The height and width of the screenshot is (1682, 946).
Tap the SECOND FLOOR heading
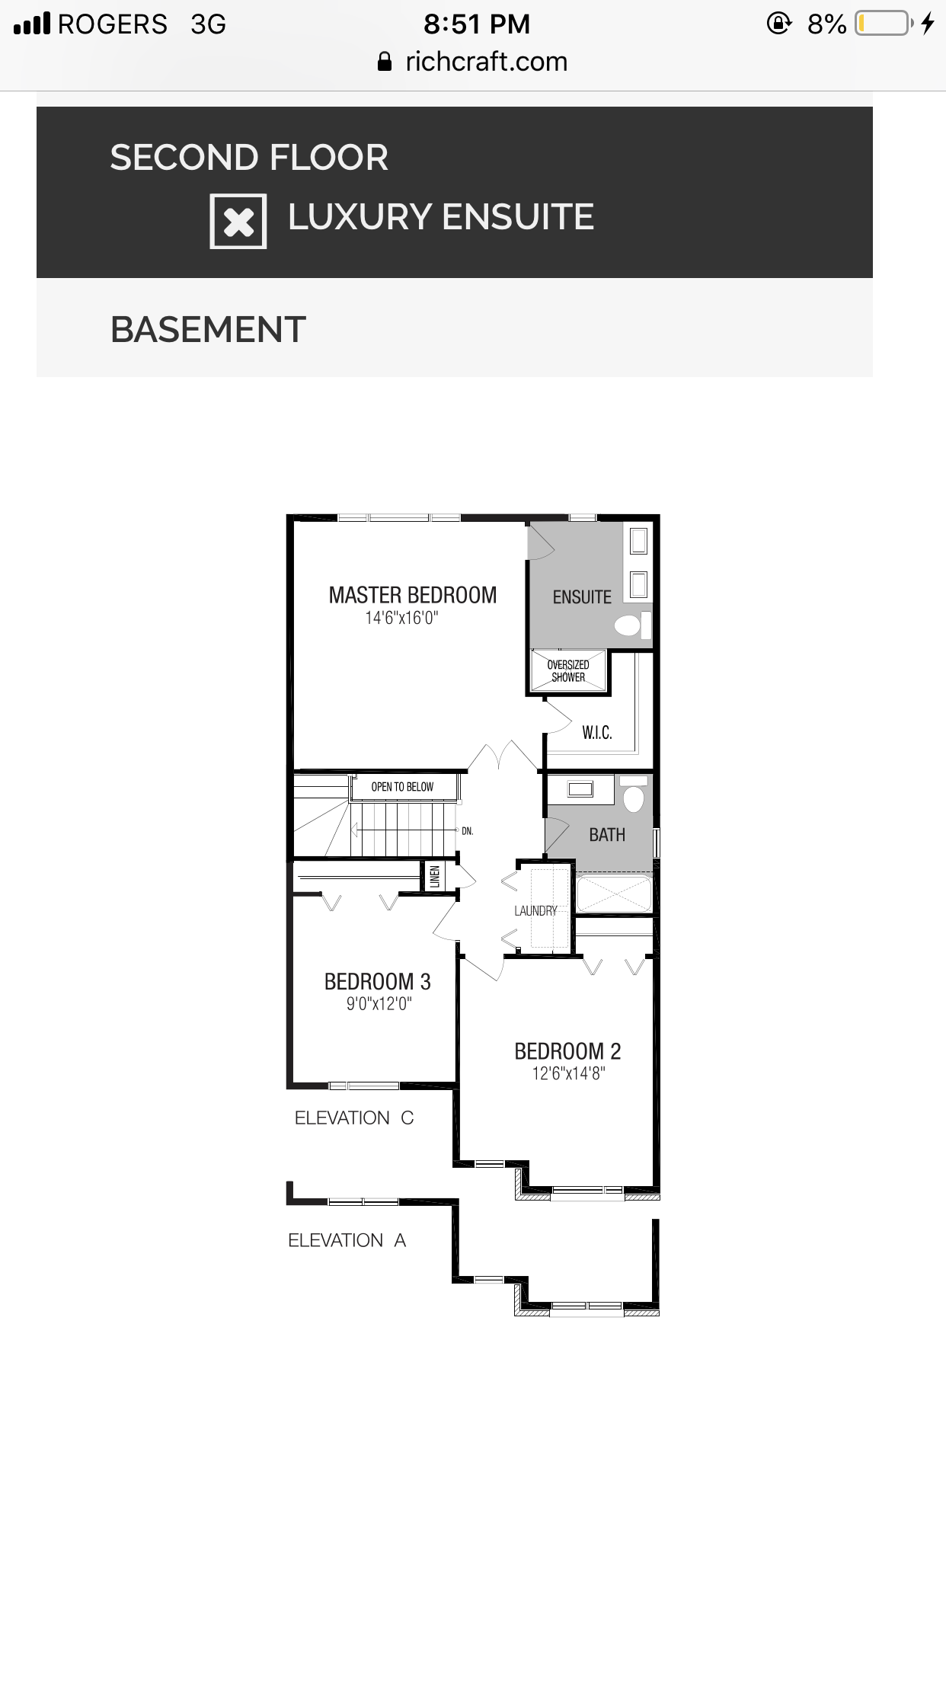[249, 158]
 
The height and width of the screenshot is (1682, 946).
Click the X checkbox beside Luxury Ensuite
[238, 221]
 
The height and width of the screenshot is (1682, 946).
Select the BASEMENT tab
[208, 330]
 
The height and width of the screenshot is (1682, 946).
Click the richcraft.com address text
[487, 62]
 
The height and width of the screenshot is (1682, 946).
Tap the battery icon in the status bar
[884, 24]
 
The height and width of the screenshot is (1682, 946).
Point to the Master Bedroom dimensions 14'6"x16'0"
[401, 618]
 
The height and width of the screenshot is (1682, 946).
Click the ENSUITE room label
[582, 597]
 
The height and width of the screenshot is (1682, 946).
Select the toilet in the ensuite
[632, 625]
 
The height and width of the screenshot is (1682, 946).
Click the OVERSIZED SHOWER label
[568, 671]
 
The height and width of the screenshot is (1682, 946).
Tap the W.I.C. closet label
[597, 733]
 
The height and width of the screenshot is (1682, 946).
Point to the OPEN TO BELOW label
[402, 787]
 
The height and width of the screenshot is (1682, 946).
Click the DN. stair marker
[468, 831]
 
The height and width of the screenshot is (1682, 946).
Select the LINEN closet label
[435, 877]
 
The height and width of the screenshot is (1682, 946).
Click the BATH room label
[607, 835]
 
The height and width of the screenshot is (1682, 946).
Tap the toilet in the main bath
[634, 795]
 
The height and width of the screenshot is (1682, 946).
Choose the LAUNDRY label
[535, 910]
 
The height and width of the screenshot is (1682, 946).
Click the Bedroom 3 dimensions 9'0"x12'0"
[379, 1004]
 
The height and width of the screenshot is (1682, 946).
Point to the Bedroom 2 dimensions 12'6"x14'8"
[568, 1074]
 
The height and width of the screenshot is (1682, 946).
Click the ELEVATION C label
[354, 1118]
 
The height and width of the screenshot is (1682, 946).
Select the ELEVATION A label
[347, 1240]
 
